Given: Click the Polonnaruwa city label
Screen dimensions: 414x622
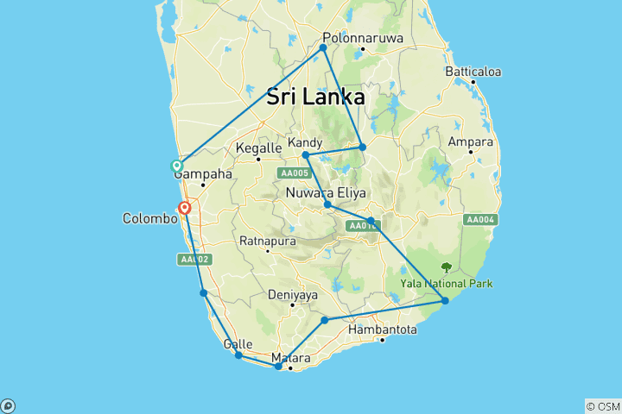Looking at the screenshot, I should pos(357,38).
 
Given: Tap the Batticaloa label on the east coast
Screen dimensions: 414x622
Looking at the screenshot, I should pos(473,72).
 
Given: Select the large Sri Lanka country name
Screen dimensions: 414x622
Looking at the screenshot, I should pos(315,97).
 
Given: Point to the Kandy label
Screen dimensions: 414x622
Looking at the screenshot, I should pos(306,142).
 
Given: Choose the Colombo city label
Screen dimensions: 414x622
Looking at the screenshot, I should pos(149,219).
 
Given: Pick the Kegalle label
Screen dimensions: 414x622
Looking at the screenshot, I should pos(258,148).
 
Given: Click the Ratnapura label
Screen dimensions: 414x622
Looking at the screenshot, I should pos(268,240).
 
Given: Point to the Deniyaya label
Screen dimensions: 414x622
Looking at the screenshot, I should pos(292,294).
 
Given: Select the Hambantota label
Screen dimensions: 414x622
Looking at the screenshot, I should pos(383,329).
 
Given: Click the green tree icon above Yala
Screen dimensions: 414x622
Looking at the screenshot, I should pos(446,268).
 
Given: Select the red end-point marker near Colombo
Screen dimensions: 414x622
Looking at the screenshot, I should pos(184,208).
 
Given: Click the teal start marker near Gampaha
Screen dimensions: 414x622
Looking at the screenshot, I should pos(177,166).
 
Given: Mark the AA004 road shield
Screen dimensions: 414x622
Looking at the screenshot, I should pos(479,220).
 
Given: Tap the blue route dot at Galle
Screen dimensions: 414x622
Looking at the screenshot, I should pos(238,355).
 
